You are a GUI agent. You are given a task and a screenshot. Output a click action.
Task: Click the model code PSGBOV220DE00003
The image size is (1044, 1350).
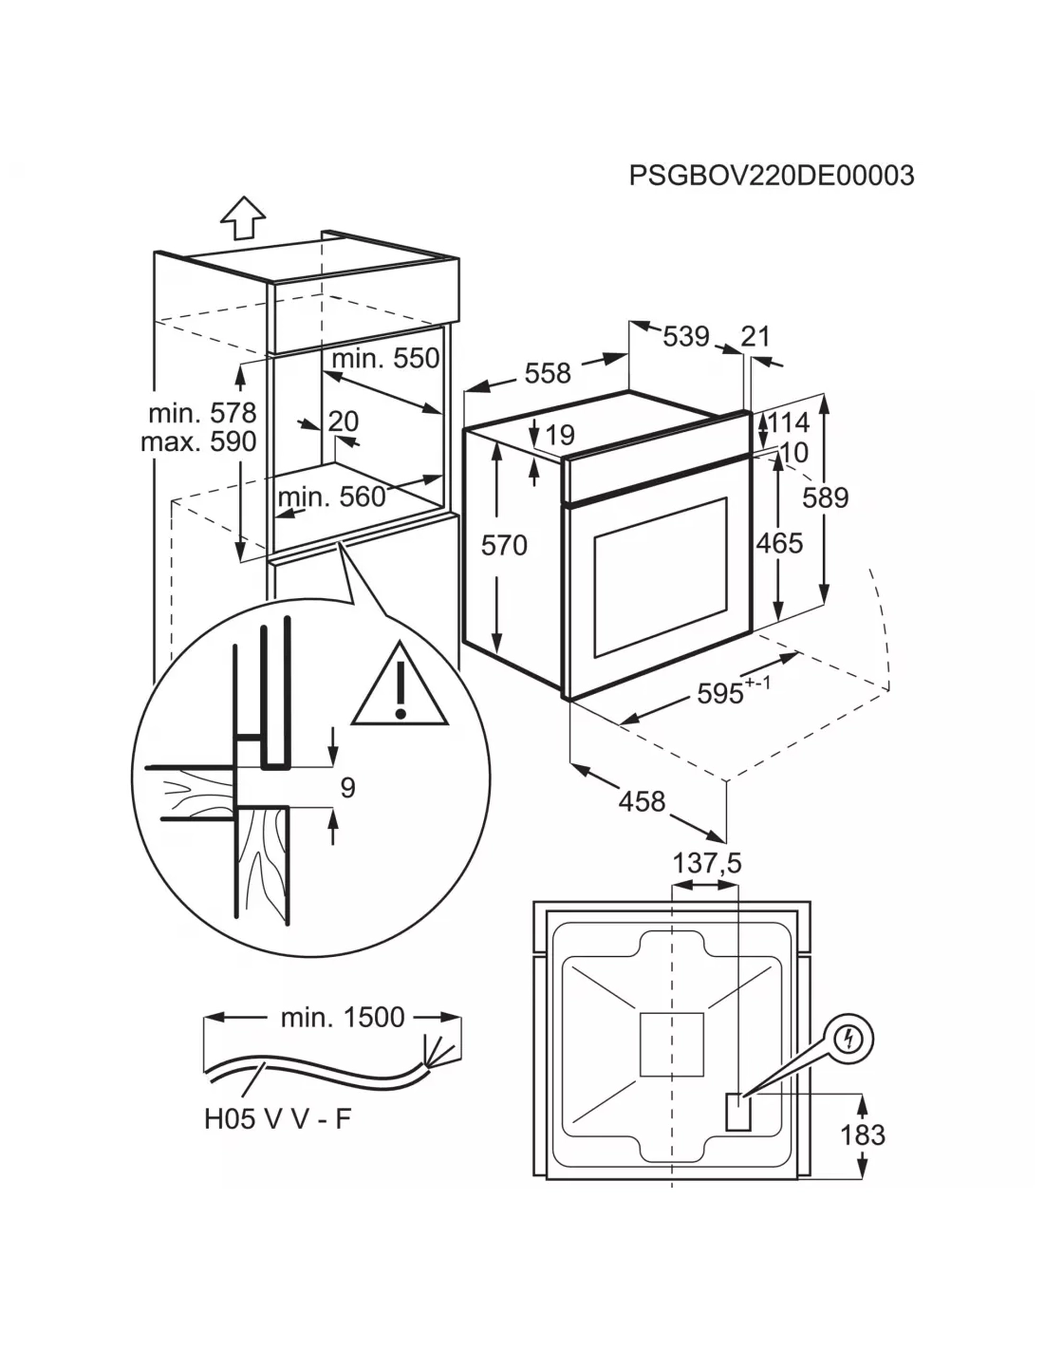pyautogui.click(x=772, y=176)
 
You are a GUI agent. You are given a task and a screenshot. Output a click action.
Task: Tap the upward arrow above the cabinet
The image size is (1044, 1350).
pyautogui.click(x=243, y=218)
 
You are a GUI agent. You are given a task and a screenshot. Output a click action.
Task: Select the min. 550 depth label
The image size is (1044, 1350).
pyautogui.click(x=385, y=358)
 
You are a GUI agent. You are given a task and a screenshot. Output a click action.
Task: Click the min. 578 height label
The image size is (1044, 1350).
pyautogui.click(x=202, y=413)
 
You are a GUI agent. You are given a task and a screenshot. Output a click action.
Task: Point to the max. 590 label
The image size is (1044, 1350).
pyautogui.click(x=198, y=441)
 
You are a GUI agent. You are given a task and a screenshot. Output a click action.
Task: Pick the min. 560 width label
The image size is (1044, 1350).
pyautogui.click(x=332, y=497)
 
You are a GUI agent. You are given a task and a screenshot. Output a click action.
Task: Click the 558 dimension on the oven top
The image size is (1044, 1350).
pyautogui.click(x=548, y=373)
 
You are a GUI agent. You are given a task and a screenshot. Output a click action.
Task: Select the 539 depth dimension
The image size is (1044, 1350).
pyautogui.click(x=685, y=336)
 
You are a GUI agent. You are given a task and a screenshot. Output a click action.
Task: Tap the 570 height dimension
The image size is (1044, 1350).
pyautogui.click(x=504, y=545)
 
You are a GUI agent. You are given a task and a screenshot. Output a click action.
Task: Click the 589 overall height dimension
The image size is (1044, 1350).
pyautogui.click(x=825, y=497)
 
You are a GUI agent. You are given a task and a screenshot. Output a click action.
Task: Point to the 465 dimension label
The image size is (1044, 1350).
pyautogui.click(x=779, y=543)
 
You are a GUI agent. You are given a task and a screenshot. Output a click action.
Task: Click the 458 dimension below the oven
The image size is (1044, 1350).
pyautogui.click(x=642, y=801)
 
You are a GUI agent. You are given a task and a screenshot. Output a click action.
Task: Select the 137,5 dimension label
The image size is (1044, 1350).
pyautogui.click(x=706, y=863)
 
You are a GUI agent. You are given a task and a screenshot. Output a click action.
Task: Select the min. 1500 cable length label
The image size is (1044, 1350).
pyautogui.click(x=343, y=1017)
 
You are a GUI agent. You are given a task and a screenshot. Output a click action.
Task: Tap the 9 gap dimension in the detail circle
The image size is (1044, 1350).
pyautogui.click(x=347, y=787)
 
